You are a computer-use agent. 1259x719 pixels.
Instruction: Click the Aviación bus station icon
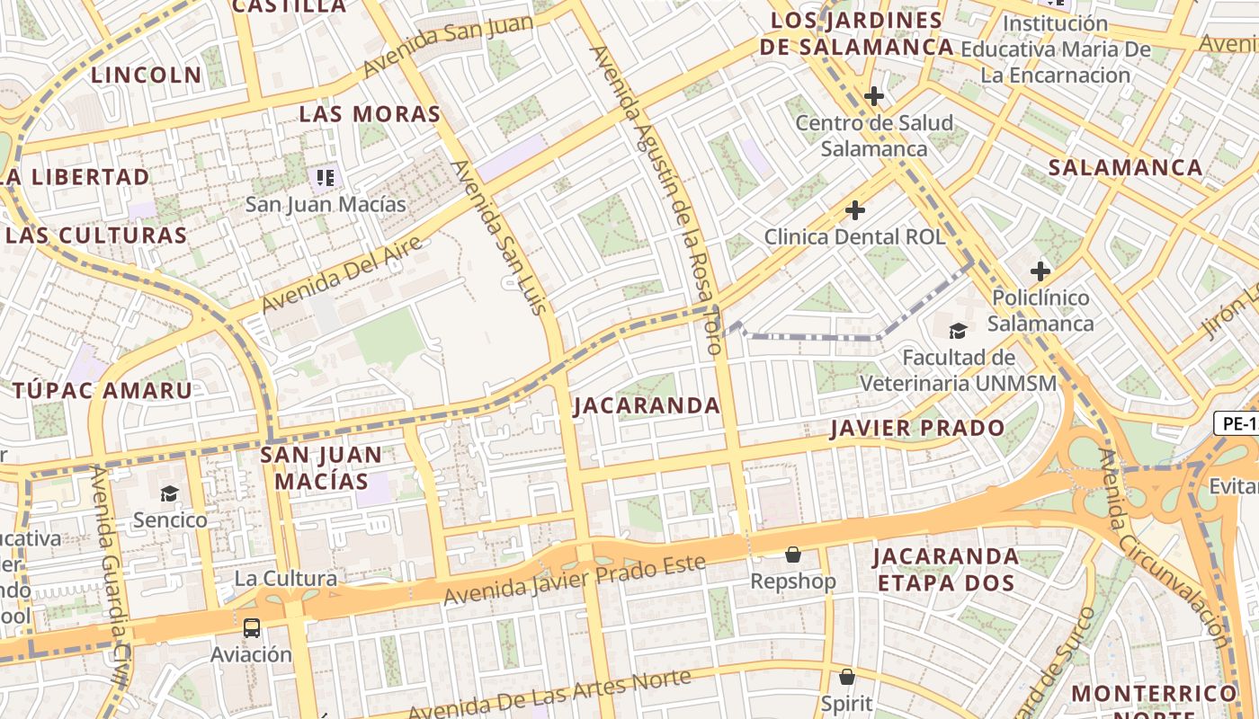[251, 627]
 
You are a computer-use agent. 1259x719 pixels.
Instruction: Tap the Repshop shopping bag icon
[793, 555]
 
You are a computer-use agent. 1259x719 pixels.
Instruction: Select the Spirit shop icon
[846, 677]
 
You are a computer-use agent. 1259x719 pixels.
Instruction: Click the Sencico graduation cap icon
[169, 493]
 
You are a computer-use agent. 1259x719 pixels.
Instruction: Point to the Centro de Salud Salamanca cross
[873, 96]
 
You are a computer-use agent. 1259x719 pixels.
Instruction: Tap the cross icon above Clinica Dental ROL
[855, 210]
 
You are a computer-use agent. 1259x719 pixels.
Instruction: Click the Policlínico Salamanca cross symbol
[1040, 271]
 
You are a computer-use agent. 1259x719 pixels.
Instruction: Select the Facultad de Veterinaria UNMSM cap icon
[959, 331]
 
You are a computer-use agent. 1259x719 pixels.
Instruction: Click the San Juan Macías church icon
[326, 177]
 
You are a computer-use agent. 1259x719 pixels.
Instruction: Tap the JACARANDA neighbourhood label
[647, 405]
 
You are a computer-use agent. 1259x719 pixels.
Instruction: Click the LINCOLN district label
[147, 75]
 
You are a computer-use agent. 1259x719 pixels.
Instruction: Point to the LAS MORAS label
[370, 114]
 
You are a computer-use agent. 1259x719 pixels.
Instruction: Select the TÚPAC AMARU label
[103, 390]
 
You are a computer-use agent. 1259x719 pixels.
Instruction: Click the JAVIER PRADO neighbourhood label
[916, 428]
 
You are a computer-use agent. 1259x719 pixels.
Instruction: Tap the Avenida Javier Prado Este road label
[575, 580]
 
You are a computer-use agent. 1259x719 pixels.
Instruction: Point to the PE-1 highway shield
[1237, 423]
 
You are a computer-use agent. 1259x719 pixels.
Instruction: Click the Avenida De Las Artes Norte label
[550, 694]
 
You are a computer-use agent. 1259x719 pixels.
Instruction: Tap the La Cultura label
[285, 578]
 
